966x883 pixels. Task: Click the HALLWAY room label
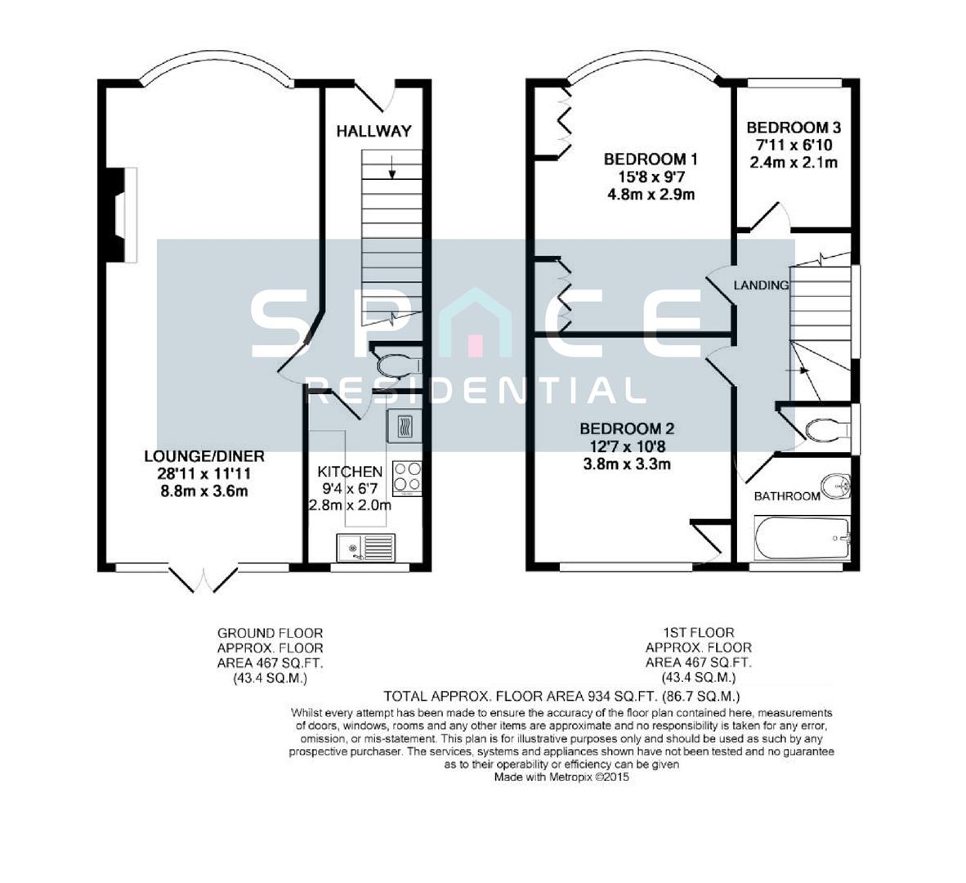(373, 131)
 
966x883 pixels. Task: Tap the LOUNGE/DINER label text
(204, 456)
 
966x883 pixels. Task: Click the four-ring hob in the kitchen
(408, 478)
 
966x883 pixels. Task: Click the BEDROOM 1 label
(651, 159)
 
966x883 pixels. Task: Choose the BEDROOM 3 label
(794, 128)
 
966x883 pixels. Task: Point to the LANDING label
(761, 285)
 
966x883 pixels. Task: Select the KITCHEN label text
(350, 472)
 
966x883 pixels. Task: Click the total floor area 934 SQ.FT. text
(561, 697)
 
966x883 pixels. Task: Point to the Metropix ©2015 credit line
(561, 778)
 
